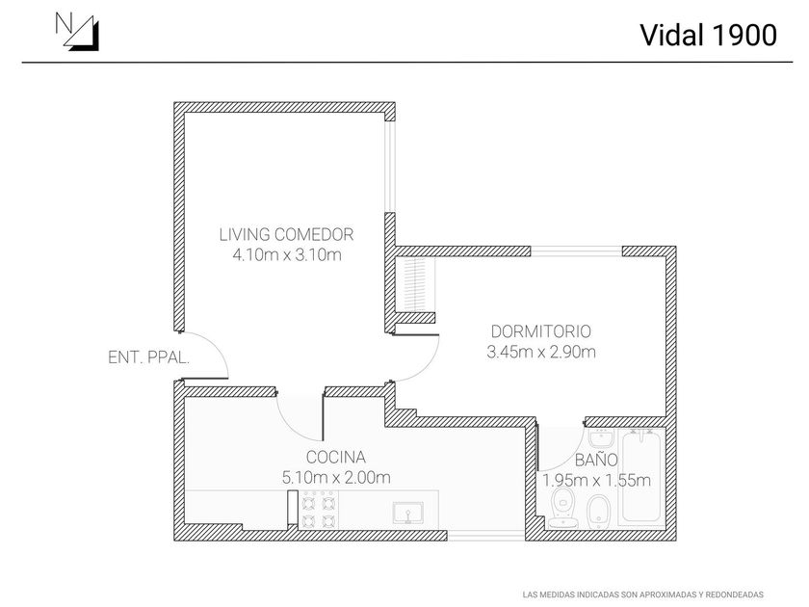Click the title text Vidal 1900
[x=708, y=35]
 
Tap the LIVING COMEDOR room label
[x=287, y=234]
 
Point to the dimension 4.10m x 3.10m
[x=287, y=255]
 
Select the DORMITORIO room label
[x=541, y=330]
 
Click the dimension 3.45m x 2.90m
[x=541, y=352]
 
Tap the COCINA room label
[x=335, y=457]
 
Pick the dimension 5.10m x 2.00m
[x=335, y=477]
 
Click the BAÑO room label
[x=596, y=461]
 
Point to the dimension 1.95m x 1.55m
[x=596, y=480]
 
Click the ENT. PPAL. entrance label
[x=148, y=357]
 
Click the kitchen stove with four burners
[x=320, y=510]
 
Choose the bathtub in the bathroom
[x=642, y=477]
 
